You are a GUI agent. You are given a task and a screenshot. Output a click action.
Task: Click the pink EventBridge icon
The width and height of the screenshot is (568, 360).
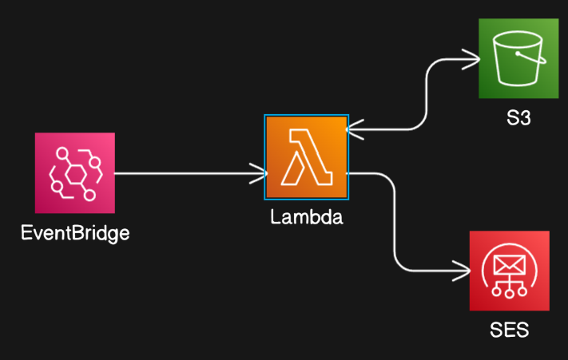(75, 173)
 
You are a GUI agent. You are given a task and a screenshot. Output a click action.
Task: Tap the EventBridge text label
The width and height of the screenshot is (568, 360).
(75, 234)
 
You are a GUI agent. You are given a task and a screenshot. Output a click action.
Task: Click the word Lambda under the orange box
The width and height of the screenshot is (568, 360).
(307, 216)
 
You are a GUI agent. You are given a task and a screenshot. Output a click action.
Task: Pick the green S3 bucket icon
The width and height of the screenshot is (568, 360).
(518, 58)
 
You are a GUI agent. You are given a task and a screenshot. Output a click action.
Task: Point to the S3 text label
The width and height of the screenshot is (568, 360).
(519, 119)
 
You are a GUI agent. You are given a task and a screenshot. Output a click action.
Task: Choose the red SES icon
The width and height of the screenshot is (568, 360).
(510, 271)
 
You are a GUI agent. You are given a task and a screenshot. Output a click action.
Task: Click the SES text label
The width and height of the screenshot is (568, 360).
(510, 330)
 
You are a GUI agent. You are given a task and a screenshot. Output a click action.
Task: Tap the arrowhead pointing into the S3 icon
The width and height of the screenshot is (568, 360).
(471, 58)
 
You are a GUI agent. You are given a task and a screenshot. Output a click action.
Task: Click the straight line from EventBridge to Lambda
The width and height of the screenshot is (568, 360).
(184, 172)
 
